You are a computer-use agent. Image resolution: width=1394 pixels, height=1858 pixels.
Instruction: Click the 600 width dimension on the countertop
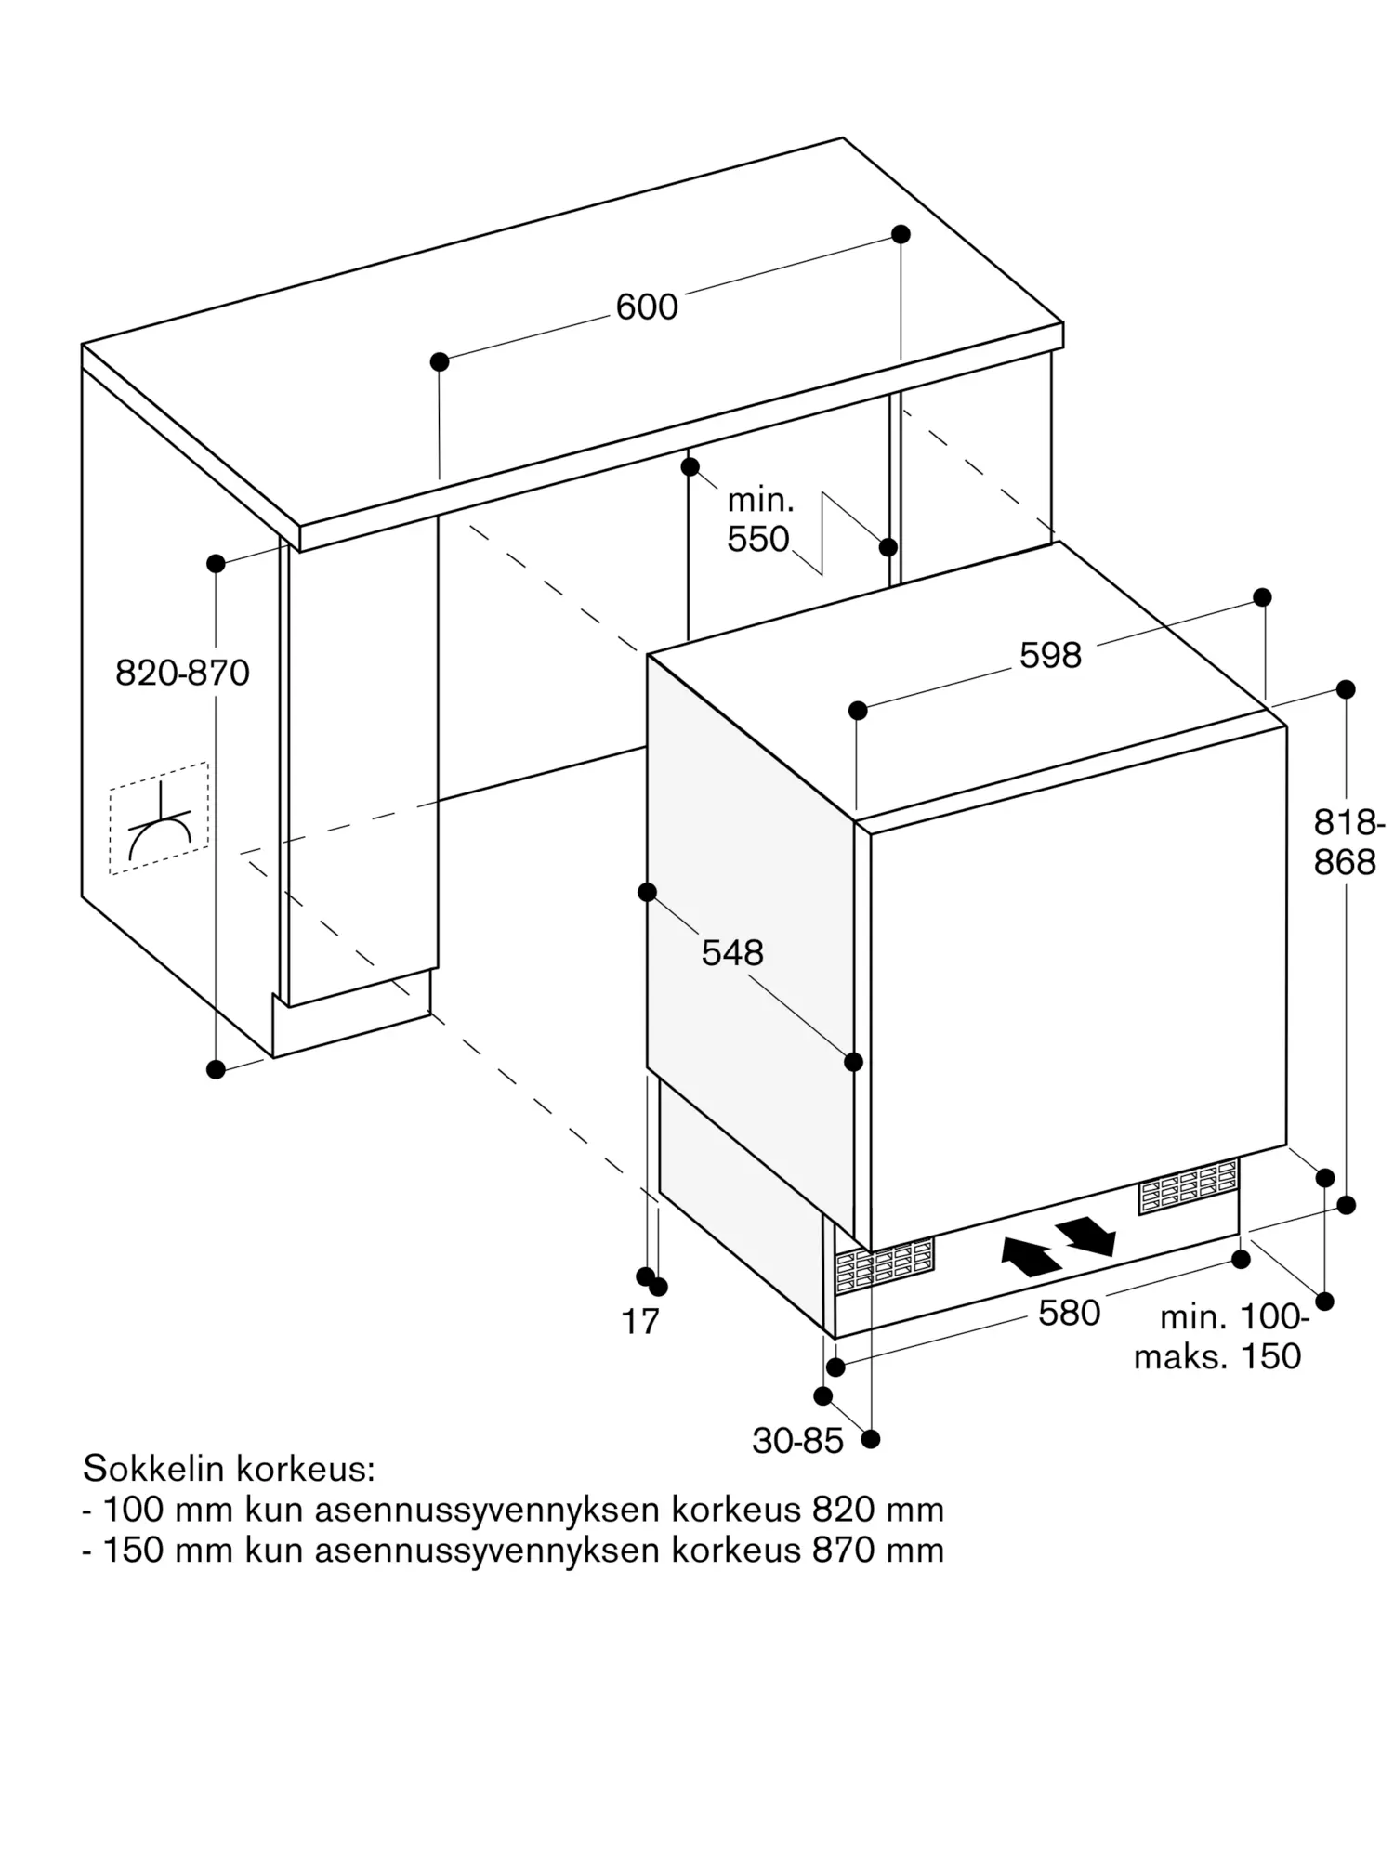tap(647, 307)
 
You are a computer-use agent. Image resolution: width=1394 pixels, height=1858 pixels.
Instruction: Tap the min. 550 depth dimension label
tap(758, 520)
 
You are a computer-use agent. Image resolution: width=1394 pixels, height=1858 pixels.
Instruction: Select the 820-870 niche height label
tap(182, 673)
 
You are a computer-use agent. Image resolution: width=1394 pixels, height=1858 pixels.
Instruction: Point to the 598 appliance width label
tap(1050, 656)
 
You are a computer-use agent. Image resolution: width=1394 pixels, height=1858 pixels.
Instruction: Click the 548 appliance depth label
tap(732, 953)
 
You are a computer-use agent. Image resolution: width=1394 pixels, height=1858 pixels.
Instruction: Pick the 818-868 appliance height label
tap(1348, 843)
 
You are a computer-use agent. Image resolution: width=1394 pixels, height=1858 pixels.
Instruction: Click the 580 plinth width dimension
tap(1069, 1314)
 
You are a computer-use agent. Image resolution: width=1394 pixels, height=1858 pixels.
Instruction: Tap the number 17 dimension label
tap(639, 1322)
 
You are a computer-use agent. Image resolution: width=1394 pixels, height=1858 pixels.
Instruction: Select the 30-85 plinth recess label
tap(797, 1441)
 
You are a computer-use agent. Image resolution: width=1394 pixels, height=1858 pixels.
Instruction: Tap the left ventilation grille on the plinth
tap(884, 1265)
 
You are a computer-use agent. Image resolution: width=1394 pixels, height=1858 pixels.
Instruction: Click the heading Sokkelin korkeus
tap(229, 1469)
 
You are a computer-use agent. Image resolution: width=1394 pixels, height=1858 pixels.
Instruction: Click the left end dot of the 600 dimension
tap(440, 361)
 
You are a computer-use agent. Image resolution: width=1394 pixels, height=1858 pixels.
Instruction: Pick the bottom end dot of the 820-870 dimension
tap(216, 1069)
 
